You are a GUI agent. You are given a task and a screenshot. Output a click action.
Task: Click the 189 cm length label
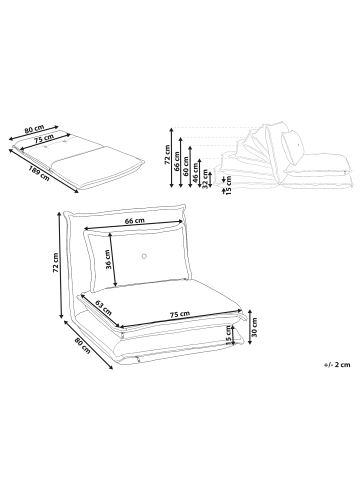39,172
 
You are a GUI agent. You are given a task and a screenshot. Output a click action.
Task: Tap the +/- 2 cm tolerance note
337,364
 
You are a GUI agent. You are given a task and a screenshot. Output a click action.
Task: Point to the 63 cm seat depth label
103,307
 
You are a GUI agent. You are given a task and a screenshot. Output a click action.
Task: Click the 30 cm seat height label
255,327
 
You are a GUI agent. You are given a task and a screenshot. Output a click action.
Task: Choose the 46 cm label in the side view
195,174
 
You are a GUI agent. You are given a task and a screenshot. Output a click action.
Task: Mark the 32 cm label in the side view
205,179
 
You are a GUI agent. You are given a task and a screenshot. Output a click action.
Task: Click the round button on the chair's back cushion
144,256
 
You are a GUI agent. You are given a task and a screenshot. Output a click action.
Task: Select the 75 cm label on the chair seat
180,314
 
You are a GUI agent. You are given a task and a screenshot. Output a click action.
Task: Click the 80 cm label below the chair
82,346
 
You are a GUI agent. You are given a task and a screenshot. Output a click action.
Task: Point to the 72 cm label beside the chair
55,263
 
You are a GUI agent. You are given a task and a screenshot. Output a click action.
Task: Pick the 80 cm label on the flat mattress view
34,129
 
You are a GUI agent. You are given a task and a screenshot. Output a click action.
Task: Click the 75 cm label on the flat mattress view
44,138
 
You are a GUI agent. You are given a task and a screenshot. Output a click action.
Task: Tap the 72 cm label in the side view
167,155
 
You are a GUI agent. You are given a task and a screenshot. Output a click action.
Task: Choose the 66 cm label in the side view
176,161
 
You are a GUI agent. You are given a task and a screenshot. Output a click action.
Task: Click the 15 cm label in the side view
229,186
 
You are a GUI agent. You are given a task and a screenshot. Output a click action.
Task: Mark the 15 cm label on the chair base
229,336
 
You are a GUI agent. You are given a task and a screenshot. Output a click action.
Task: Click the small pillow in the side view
292,147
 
